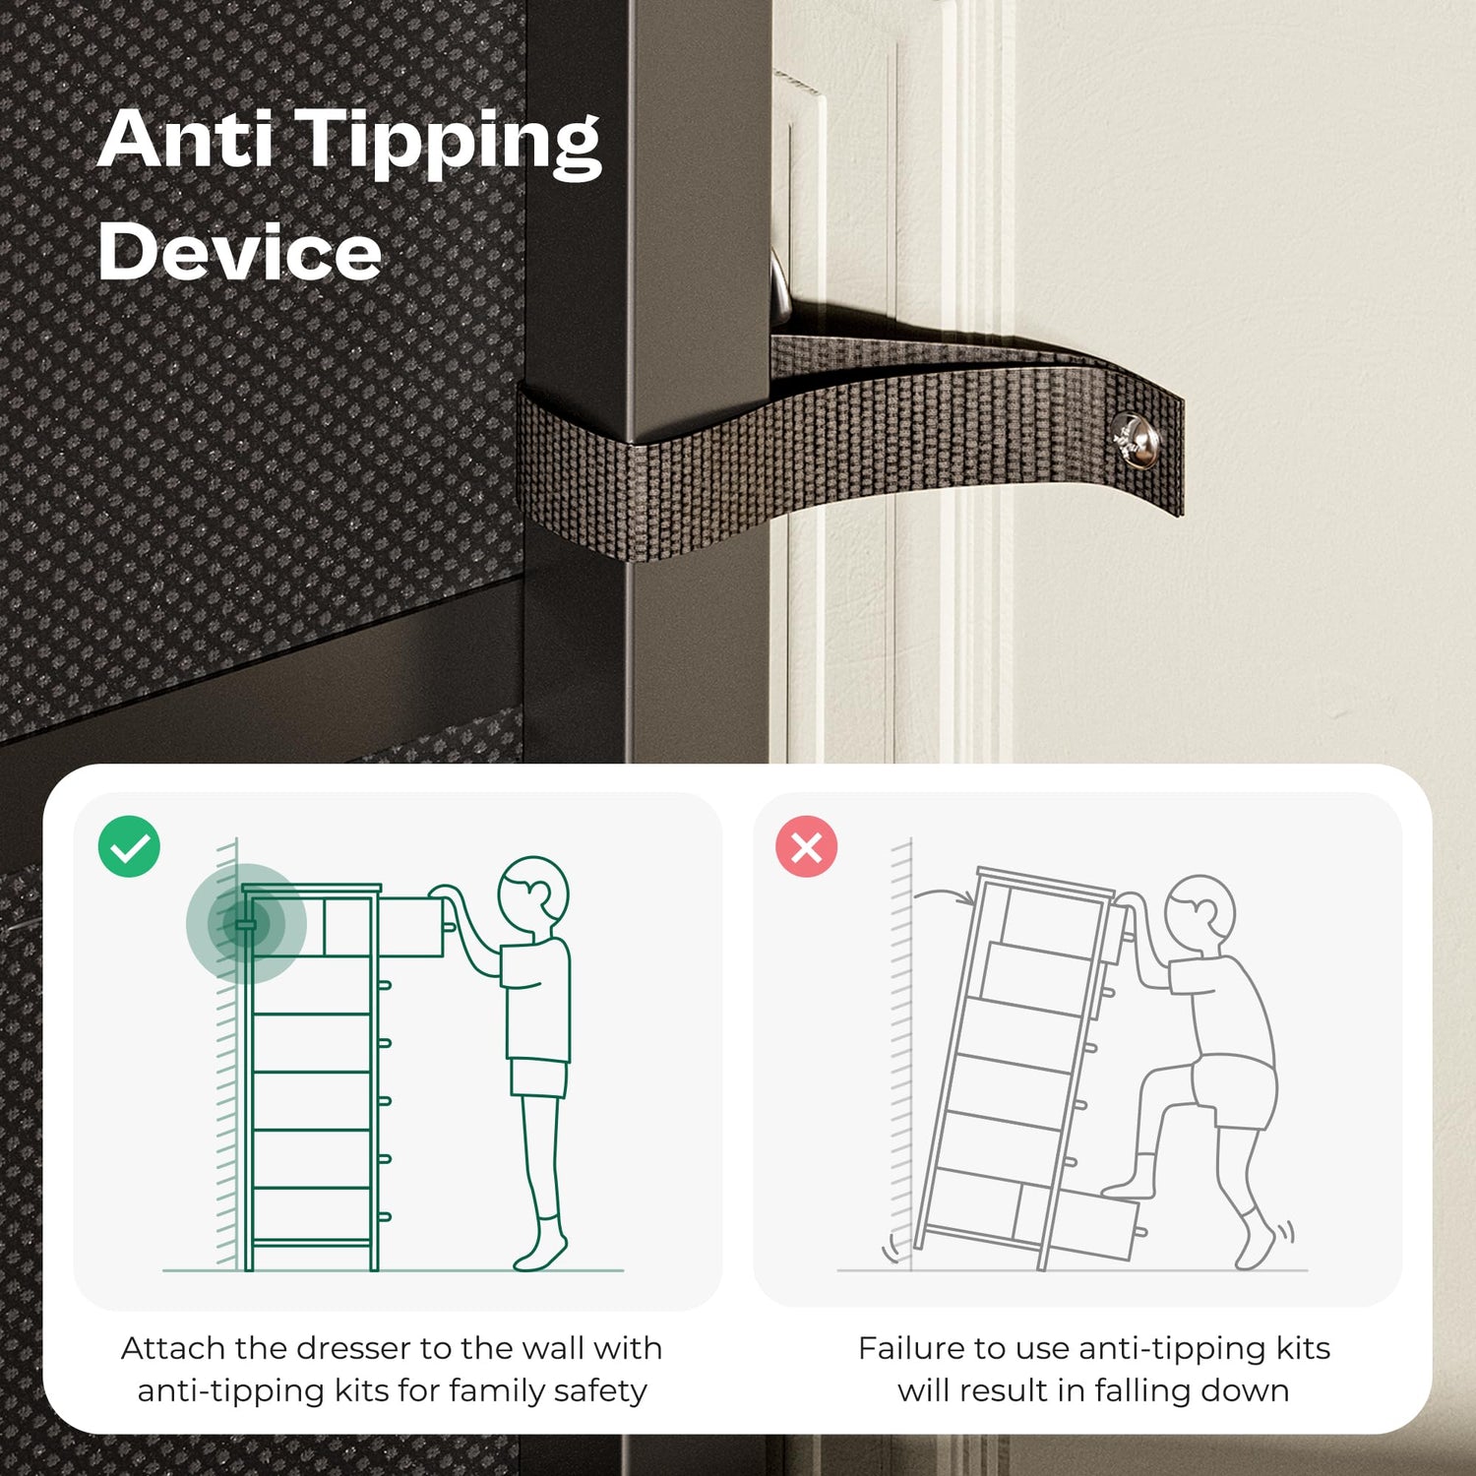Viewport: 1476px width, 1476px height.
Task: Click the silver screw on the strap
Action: (1134, 439)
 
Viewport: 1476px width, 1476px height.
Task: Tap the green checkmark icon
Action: (129, 846)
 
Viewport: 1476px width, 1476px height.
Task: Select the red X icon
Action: (806, 846)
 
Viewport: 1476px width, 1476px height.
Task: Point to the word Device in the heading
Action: (239, 252)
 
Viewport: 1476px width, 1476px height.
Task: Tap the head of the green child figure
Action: (533, 891)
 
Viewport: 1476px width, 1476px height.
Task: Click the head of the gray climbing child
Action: (1200, 910)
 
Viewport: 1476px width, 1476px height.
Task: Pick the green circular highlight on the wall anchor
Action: (246, 924)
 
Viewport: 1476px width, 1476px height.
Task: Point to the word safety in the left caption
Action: (600, 1391)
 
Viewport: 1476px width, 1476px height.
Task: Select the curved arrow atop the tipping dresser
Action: (943, 893)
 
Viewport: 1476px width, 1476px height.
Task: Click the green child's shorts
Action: (538, 1077)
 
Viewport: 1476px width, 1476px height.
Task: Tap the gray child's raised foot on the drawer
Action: (1128, 1186)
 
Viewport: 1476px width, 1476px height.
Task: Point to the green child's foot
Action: (540, 1253)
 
